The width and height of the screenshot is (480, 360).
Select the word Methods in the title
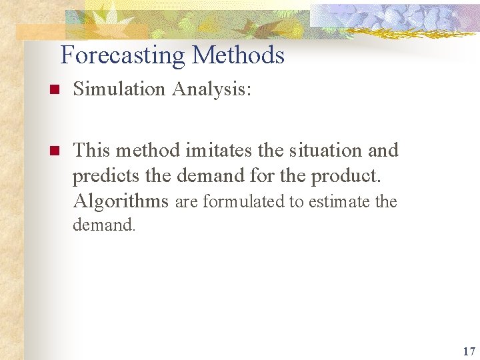[x=238, y=55]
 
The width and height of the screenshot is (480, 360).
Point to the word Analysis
[x=211, y=89]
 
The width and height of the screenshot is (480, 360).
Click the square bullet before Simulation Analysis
[x=55, y=89]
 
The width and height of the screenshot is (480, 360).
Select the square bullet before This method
[x=55, y=151]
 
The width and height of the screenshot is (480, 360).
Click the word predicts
[x=103, y=176]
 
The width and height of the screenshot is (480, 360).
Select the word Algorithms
[x=121, y=201]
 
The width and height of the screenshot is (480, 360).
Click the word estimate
[x=345, y=201]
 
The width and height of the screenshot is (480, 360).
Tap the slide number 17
[x=468, y=351]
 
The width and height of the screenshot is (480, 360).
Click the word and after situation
[x=383, y=150]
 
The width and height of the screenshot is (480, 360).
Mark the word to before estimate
[x=296, y=201]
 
